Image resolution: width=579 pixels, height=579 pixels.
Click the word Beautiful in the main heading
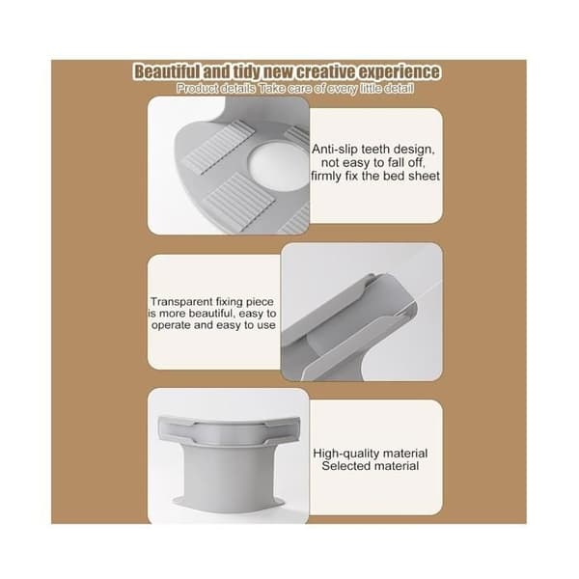click(167, 71)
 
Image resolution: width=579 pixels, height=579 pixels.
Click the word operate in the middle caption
click(171, 325)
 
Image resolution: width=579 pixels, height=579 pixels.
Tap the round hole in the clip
click(278, 164)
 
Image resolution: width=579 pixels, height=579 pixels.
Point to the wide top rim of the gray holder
click(230, 429)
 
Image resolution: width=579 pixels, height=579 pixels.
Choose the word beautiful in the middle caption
click(210, 314)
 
